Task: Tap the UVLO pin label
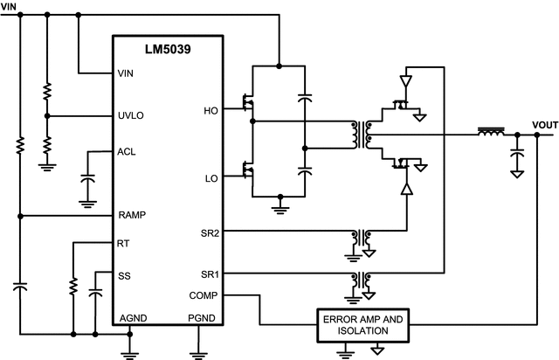(131, 115)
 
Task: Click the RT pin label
(123, 245)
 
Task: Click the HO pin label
(210, 110)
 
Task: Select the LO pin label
(210, 178)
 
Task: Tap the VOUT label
(543, 126)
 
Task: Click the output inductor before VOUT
(491, 134)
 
